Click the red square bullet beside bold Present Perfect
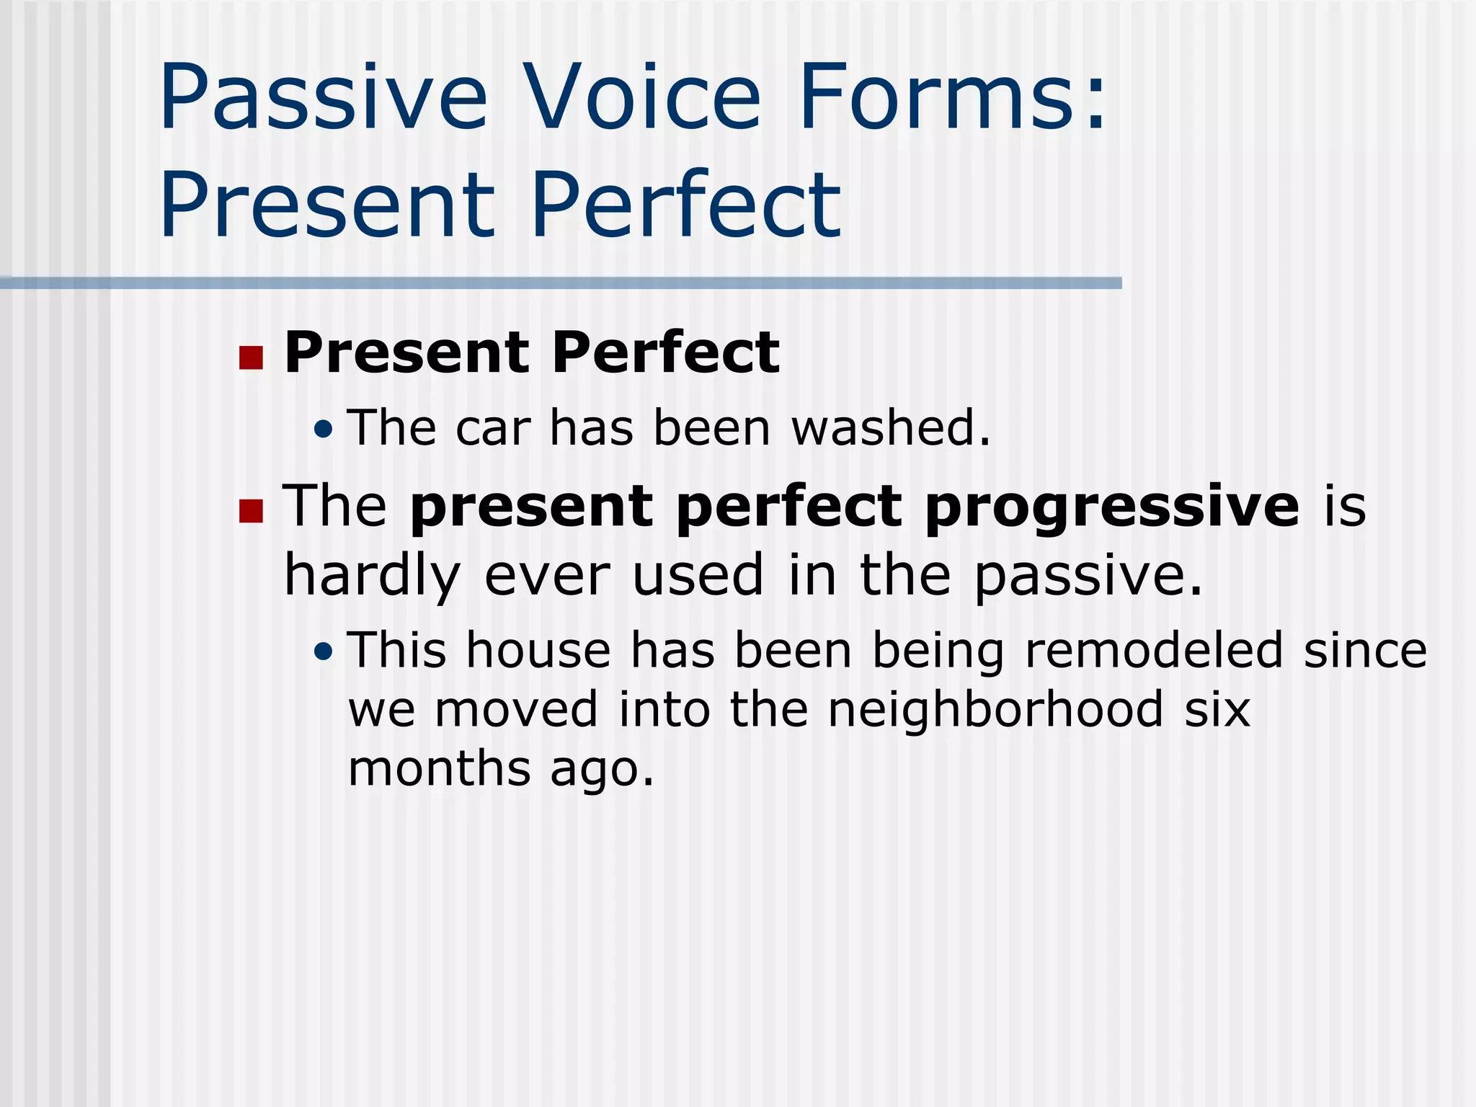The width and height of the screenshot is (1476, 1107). tap(251, 357)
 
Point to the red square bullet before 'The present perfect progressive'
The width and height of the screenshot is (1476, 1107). tap(251, 510)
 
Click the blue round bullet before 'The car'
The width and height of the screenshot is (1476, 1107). tap(324, 430)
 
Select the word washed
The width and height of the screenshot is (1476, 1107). tap(891, 427)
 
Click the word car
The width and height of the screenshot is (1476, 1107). tap(493, 427)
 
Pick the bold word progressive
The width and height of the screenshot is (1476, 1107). tap(1112, 507)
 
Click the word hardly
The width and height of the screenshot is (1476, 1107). tap(372, 577)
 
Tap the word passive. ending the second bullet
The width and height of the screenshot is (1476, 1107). tap(1088, 577)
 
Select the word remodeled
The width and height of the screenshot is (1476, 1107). tap(1154, 650)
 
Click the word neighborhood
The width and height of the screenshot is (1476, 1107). tap(995, 709)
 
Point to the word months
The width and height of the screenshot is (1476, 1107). tap(439, 768)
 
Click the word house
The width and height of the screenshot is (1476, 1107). tap(538, 650)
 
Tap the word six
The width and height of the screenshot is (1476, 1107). tap(1217, 709)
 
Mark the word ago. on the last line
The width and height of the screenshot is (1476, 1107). tap(602, 770)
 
